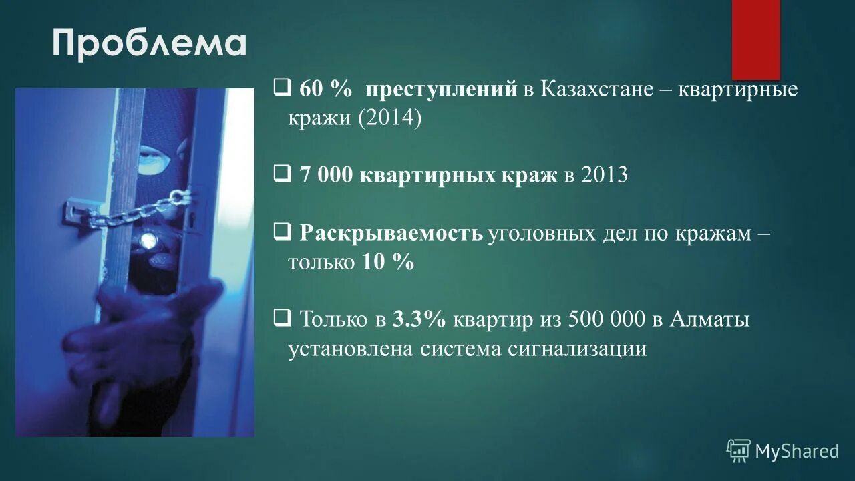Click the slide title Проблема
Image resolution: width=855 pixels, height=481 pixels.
click(150, 43)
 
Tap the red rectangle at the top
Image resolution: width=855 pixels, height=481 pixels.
click(755, 39)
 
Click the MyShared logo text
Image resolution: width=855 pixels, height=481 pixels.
click(796, 451)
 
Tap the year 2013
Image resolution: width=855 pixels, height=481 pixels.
click(605, 175)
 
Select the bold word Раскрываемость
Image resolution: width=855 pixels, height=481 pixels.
click(391, 233)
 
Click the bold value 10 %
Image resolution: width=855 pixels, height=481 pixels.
click(388, 262)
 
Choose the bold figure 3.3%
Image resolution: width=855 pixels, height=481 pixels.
click(419, 319)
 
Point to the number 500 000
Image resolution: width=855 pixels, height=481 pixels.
click(607, 319)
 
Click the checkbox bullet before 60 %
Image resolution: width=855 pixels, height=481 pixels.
click(281, 88)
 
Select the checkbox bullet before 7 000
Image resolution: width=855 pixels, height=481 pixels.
click(281, 174)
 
